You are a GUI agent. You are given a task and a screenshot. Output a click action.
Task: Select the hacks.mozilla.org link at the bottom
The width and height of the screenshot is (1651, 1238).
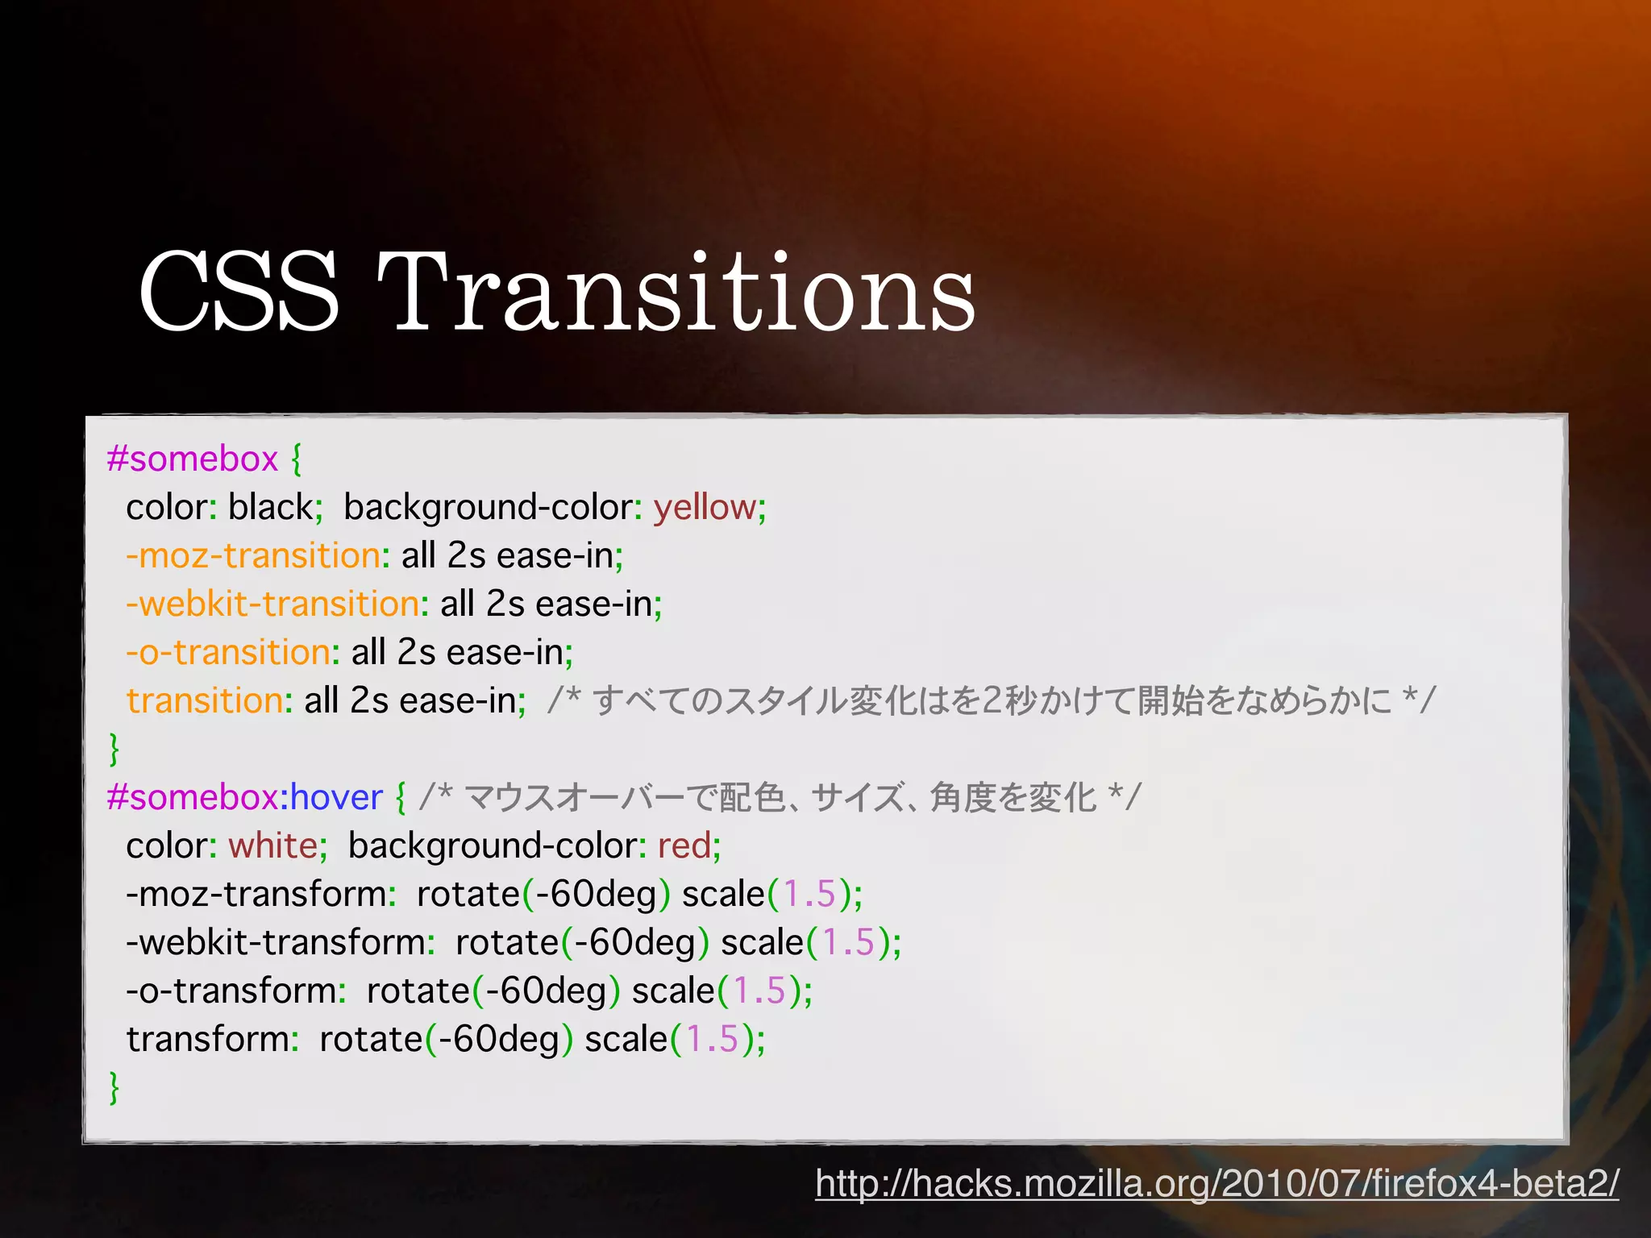coord(1216,1183)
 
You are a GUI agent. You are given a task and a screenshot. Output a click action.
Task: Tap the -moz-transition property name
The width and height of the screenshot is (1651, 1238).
coord(252,556)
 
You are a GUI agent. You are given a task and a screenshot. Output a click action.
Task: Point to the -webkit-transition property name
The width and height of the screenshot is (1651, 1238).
coord(272,604)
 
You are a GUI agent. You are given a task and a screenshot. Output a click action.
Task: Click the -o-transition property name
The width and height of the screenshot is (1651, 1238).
coord(228,653)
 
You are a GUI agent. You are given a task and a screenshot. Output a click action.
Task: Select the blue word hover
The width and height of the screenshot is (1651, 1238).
coord(336,798)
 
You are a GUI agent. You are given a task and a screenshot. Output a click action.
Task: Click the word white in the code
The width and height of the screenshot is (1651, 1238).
coord(272,846)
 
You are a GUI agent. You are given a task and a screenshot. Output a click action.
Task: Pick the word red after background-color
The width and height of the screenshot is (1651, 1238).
coord(684,846)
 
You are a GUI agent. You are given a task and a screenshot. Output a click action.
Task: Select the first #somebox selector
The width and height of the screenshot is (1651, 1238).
coord(193,459)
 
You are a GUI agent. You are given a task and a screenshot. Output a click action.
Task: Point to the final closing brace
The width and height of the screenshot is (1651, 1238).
coord(114,1087)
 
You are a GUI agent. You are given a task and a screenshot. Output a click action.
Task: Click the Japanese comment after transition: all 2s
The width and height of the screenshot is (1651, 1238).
coord(992,701)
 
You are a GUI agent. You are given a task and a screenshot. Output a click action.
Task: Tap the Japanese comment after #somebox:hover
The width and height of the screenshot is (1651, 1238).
coord(780,798)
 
